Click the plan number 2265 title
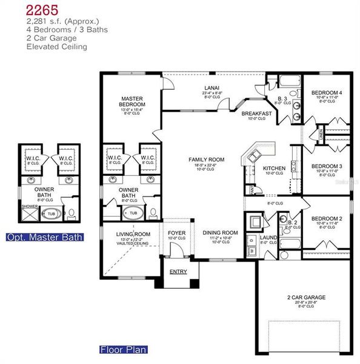click(x=42, y=10)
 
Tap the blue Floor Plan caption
click(x=123, y=349)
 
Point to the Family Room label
click(x=208, y=160)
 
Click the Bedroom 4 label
click(x=327, y=93)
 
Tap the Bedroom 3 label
click(x=327, y=166)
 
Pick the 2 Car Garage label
click(x=306, y=297)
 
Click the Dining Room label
click(x=220, y=232)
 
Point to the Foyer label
click(x=177, y=232)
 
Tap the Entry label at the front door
click(x=178, y=271)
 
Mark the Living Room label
click(x=133, y=234)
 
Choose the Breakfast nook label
click(x=256, y=113)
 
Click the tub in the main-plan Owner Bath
click(x=132, y=214)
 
